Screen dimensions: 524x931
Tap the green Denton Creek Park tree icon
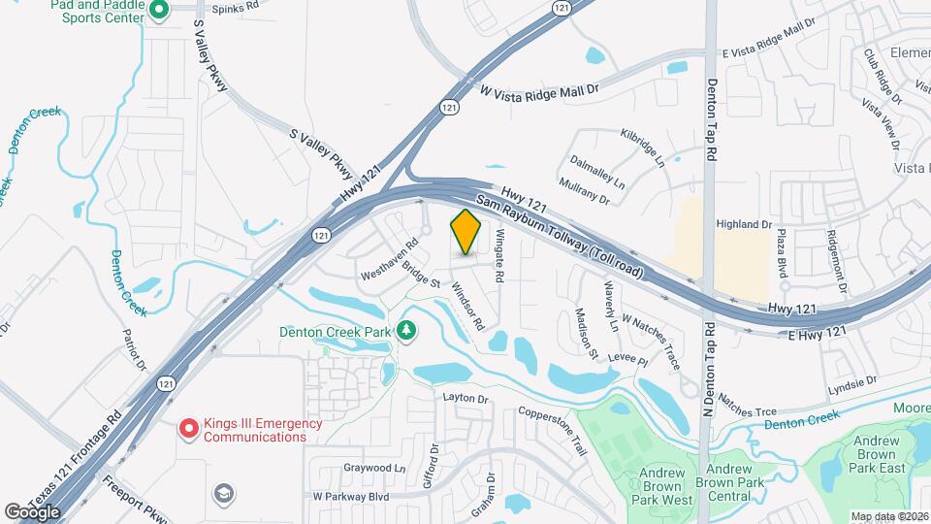pyautogui.click(x=405, y=330)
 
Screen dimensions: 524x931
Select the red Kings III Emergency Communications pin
pyautogui.click(x=189, y=427)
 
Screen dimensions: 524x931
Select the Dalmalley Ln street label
pyautogui.click(x=597, y=170)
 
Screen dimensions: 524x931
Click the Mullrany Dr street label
pyautogui.click(x=584, y=190)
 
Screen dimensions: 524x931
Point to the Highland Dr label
pyautogui.click(x=743, y=224)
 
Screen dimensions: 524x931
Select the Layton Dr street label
pyautogui.click(x=465, y=398)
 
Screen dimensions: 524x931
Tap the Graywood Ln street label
pyautogui.click(x=374, y=467)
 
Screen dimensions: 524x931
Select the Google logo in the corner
pyautogui.click(x=32, y=511)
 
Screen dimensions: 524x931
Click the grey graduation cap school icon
pyautogui.click(x=224, y=495)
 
